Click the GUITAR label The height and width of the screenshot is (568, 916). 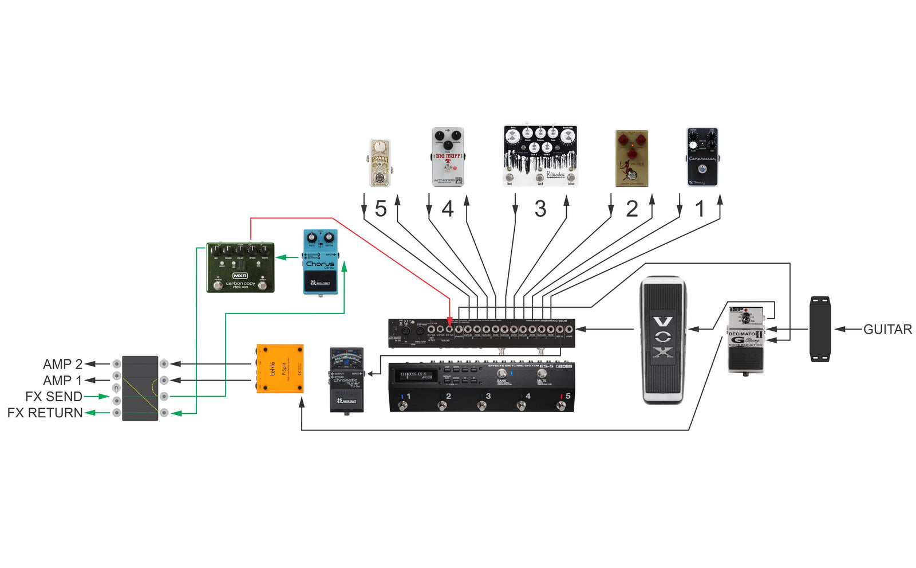tap(887, 329)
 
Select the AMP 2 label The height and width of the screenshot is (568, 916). tap(62, 364)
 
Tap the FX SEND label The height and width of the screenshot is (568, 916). tap(53, 396)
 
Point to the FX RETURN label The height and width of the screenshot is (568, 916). tap(45, 413)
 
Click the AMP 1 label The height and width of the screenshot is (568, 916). tap(62, 380)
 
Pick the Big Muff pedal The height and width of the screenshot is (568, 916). tap(447, 156)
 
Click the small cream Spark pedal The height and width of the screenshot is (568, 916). tap(380, 163)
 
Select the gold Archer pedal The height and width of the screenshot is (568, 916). tap(631, 158)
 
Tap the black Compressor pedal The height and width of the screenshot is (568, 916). tap(702, 156)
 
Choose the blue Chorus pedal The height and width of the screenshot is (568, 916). tap(320, 262)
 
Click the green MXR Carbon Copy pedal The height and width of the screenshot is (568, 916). tap(240, 267)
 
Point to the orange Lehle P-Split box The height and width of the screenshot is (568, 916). tap(279, 369)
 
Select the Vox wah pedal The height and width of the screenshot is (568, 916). tap(662, 340)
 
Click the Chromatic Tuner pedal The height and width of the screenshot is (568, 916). tap(346, 379)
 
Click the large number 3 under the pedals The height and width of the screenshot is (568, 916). tap(540, 209)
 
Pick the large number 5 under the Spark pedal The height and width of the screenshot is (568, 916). tap(381, 209)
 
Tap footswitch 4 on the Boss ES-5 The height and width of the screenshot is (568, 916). tap(522, 406)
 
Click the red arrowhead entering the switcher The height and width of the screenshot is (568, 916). tap(449, 322)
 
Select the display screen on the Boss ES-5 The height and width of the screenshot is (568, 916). tap(415, 375)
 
